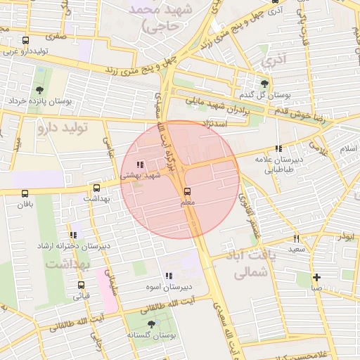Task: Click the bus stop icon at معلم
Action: (187, 191)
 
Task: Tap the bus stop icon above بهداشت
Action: (96, 188)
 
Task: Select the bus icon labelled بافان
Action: (26, 193)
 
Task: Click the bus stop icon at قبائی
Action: (82, 285)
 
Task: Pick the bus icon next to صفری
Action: (26, 40)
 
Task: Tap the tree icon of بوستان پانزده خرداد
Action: (39, 90)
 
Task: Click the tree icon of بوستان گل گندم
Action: (265, 82)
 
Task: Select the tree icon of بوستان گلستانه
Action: (150, 325)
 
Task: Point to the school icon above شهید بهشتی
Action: (139, 165)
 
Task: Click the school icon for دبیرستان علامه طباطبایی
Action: (279, 148)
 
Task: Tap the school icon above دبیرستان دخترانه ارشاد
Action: (72, 235)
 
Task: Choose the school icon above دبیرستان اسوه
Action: (168, 276)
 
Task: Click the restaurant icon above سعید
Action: (296, 238)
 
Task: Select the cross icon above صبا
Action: (317, 277)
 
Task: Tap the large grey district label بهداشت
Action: (67, 264)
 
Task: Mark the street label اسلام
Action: (348, 149)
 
